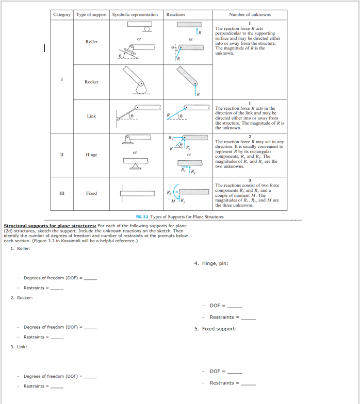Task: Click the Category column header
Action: pyautogui.click(x=62, y=14)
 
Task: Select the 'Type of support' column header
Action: pyautogui.click(x=91, y=14)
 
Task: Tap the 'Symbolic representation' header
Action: pyautogui.click(x=135, y=14)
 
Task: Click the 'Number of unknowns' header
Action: pyautogui.click(x=250, y=14)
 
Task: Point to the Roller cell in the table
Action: pyautogui.click(x=91, y=42)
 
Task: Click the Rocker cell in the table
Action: pyautogui.click(x=91, y=81)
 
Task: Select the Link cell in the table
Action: pyautogui.click(x=91, y=116)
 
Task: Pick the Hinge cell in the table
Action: pyautogui.click(x=91, y=154)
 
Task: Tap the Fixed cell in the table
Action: pyautogui.click(x=91, y=193)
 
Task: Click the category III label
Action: pyautogui.click(x=62, y=193)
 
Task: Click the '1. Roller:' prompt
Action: pyautogui.click(x=21, y=248)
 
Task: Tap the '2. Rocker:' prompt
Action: pyautogui.click(x=22, y=297)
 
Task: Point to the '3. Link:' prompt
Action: pyautogui.click(x=19, y=347)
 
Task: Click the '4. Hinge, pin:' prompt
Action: pyautogui.click(x=211, y=263)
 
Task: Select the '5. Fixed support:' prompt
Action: pyautogui.click(x=216, y=329)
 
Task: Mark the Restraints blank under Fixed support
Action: pyautogui.click(x=249, y=384)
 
